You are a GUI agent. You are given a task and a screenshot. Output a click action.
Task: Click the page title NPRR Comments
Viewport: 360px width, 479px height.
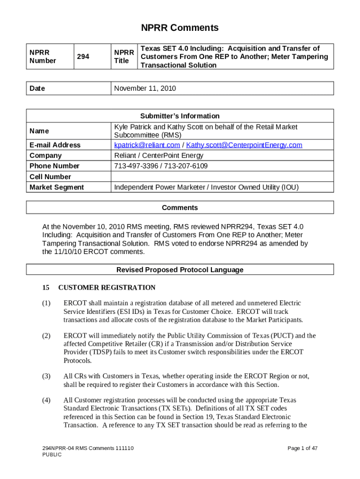click(180, 28)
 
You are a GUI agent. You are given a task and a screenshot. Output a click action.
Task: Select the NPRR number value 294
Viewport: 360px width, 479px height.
click(84, 57)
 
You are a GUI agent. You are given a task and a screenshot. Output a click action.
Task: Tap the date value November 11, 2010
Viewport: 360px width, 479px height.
click(145, 88)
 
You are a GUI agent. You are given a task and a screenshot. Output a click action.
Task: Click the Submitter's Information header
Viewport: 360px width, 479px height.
click(180, 116)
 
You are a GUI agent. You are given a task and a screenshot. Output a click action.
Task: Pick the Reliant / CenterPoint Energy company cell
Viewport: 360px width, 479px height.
click(159, 155)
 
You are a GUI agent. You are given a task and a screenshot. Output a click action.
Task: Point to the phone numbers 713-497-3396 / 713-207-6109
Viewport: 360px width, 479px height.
click(161, 166)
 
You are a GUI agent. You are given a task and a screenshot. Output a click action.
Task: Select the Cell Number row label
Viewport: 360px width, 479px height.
click(50, 177)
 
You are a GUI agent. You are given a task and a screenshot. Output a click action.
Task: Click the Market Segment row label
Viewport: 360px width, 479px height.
click(57, 188)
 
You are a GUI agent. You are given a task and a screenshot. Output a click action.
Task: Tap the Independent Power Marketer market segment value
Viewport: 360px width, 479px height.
click(206, 188)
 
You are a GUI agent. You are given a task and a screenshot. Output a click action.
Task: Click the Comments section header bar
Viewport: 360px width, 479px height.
click(180, 208)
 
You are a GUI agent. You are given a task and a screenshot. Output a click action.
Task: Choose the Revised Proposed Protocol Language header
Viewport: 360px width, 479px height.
click(180, 270)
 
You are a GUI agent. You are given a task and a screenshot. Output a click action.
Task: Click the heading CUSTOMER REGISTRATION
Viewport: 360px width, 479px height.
click(107, 288)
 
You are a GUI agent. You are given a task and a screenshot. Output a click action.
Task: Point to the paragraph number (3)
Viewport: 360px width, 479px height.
click(46, 376)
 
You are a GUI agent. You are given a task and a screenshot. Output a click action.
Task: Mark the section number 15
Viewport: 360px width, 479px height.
click(46, 288)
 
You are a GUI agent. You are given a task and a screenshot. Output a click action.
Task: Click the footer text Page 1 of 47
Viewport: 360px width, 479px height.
click(302, 449)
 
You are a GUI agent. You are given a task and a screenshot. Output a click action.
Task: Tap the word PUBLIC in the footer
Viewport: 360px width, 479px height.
click(52, 455)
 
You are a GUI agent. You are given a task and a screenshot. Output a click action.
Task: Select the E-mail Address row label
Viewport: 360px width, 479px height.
click(55, 145)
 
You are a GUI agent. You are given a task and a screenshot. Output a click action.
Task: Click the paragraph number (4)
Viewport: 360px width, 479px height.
click(46, 400)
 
